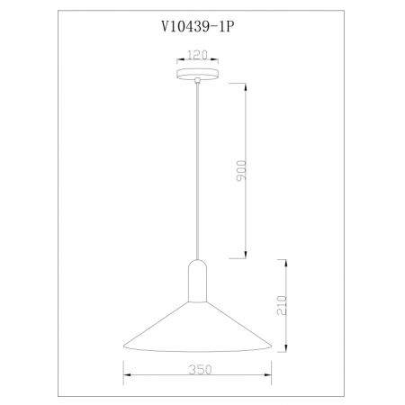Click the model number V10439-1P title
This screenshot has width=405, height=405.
coord(197,27)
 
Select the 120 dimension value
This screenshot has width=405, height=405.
coord(197,55)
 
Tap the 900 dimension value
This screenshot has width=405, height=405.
coord(241,171)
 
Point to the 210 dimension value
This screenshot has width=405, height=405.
coord(282,305)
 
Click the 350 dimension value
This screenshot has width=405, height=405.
coord(200,370)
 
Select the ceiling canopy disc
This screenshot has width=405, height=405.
coord(197,74)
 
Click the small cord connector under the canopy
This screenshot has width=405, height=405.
coord(197,80)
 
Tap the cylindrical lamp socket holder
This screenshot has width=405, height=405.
coord(197,281)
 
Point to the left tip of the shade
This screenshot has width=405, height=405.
coord(124,346)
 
